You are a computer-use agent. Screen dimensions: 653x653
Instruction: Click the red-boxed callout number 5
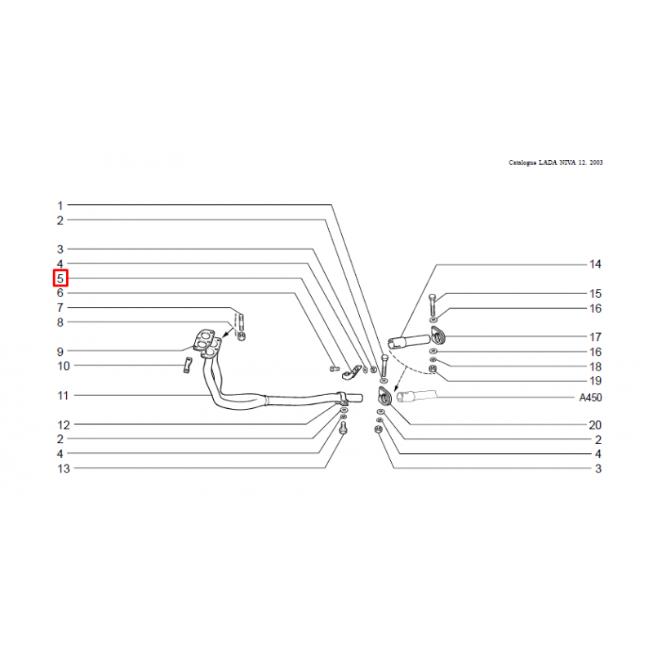(x=60, y=278)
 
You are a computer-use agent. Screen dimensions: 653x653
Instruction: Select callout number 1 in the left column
(x=60, y=206)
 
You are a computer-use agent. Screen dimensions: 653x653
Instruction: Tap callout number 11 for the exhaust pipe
(x=63, y=395)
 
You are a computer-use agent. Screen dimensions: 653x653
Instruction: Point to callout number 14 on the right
(x=595, y=264)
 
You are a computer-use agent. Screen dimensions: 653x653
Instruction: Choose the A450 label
(x=590, y=398)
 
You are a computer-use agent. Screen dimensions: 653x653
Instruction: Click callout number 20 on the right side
(x=595, y=424)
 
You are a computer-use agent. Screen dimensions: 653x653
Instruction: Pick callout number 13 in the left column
(x=64, y=469)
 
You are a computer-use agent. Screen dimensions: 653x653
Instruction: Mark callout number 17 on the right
(x=596, y=336)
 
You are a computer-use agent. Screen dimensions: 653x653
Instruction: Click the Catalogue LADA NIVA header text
(x=556, y=162)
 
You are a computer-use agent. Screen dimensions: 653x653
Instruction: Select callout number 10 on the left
(x=64, y=366)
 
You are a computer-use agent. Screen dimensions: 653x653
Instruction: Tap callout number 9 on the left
(x=60, y=352)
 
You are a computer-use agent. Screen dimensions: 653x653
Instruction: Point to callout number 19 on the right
(x=596, y=380)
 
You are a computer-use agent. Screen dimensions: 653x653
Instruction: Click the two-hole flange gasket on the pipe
(x=203, y=339)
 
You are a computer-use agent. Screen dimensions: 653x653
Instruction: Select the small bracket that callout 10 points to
(x=188, y=365)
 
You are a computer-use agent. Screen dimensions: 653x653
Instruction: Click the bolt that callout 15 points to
(x=433, y=304)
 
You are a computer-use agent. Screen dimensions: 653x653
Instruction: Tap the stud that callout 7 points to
(x=241, y=321)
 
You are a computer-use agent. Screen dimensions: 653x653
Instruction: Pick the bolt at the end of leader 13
(x=343, y=428)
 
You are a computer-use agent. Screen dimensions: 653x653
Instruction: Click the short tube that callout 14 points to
(x=409, y=341)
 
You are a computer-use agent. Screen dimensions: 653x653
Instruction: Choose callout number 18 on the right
(x=596, y=366)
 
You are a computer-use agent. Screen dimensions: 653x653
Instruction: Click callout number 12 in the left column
(x=64, y=424)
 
